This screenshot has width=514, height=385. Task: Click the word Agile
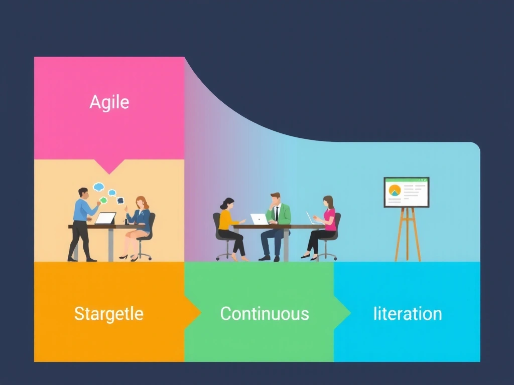(109, 102)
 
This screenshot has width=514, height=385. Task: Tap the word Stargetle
(109, 314)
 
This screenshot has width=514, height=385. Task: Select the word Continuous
(265, 314)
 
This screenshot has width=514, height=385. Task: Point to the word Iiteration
(408, 314)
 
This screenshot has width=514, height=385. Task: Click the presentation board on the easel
(407, 192)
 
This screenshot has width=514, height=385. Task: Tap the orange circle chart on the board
(395, 190)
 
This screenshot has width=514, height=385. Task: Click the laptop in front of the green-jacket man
(260, 220)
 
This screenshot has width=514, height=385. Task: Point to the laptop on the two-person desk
(105, 219)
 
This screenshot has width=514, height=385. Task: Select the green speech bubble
(103, 200)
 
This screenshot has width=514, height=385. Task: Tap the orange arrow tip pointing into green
(193, 313)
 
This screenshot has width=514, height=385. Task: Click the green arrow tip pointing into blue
(343, 313)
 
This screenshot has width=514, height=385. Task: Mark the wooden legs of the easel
(407, 235)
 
